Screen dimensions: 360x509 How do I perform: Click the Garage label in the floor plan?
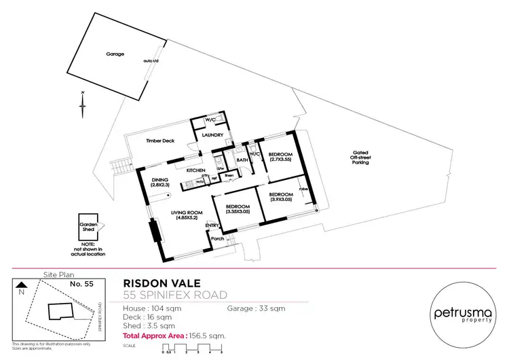tap(115, 54)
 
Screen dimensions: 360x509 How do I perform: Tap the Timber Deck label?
tap(160, 141)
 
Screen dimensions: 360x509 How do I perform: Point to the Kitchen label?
tap(196, 170)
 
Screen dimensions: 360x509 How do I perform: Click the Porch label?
tap(217, 238)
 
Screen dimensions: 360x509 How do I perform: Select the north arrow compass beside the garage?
tap(81, 103)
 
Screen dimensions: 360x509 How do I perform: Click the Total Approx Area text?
tap(174, 336)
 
